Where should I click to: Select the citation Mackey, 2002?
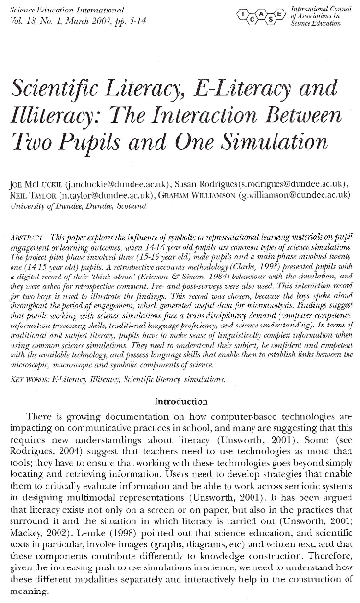coord(52,543)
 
